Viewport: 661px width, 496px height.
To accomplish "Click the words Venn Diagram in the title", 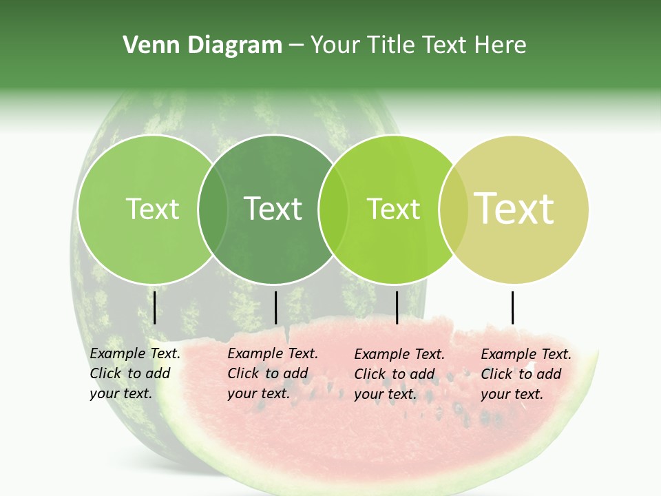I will (202, 45).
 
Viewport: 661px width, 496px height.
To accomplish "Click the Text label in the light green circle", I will (152, 209).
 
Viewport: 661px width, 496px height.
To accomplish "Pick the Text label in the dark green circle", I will (273, 209).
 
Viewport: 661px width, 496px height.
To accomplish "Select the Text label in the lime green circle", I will (393, 209).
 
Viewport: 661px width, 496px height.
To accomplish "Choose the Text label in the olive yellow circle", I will (514, 208).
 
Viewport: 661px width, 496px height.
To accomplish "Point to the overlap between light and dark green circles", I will (213, 209).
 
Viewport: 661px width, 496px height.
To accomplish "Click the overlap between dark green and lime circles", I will (333, 209).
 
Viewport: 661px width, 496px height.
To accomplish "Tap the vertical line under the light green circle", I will (155, 307).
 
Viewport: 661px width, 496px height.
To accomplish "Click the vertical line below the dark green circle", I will (275, 307).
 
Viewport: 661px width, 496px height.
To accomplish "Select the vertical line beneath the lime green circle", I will (397, 307).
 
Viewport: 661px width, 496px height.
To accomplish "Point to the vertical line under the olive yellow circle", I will (512, 307).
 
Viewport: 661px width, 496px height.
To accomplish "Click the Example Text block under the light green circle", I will (135, 373).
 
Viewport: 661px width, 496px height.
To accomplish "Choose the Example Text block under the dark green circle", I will (273, 373).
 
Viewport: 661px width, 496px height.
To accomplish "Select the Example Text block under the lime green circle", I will (399, 374).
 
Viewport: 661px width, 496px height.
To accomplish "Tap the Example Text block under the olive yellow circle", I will (526, 374).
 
